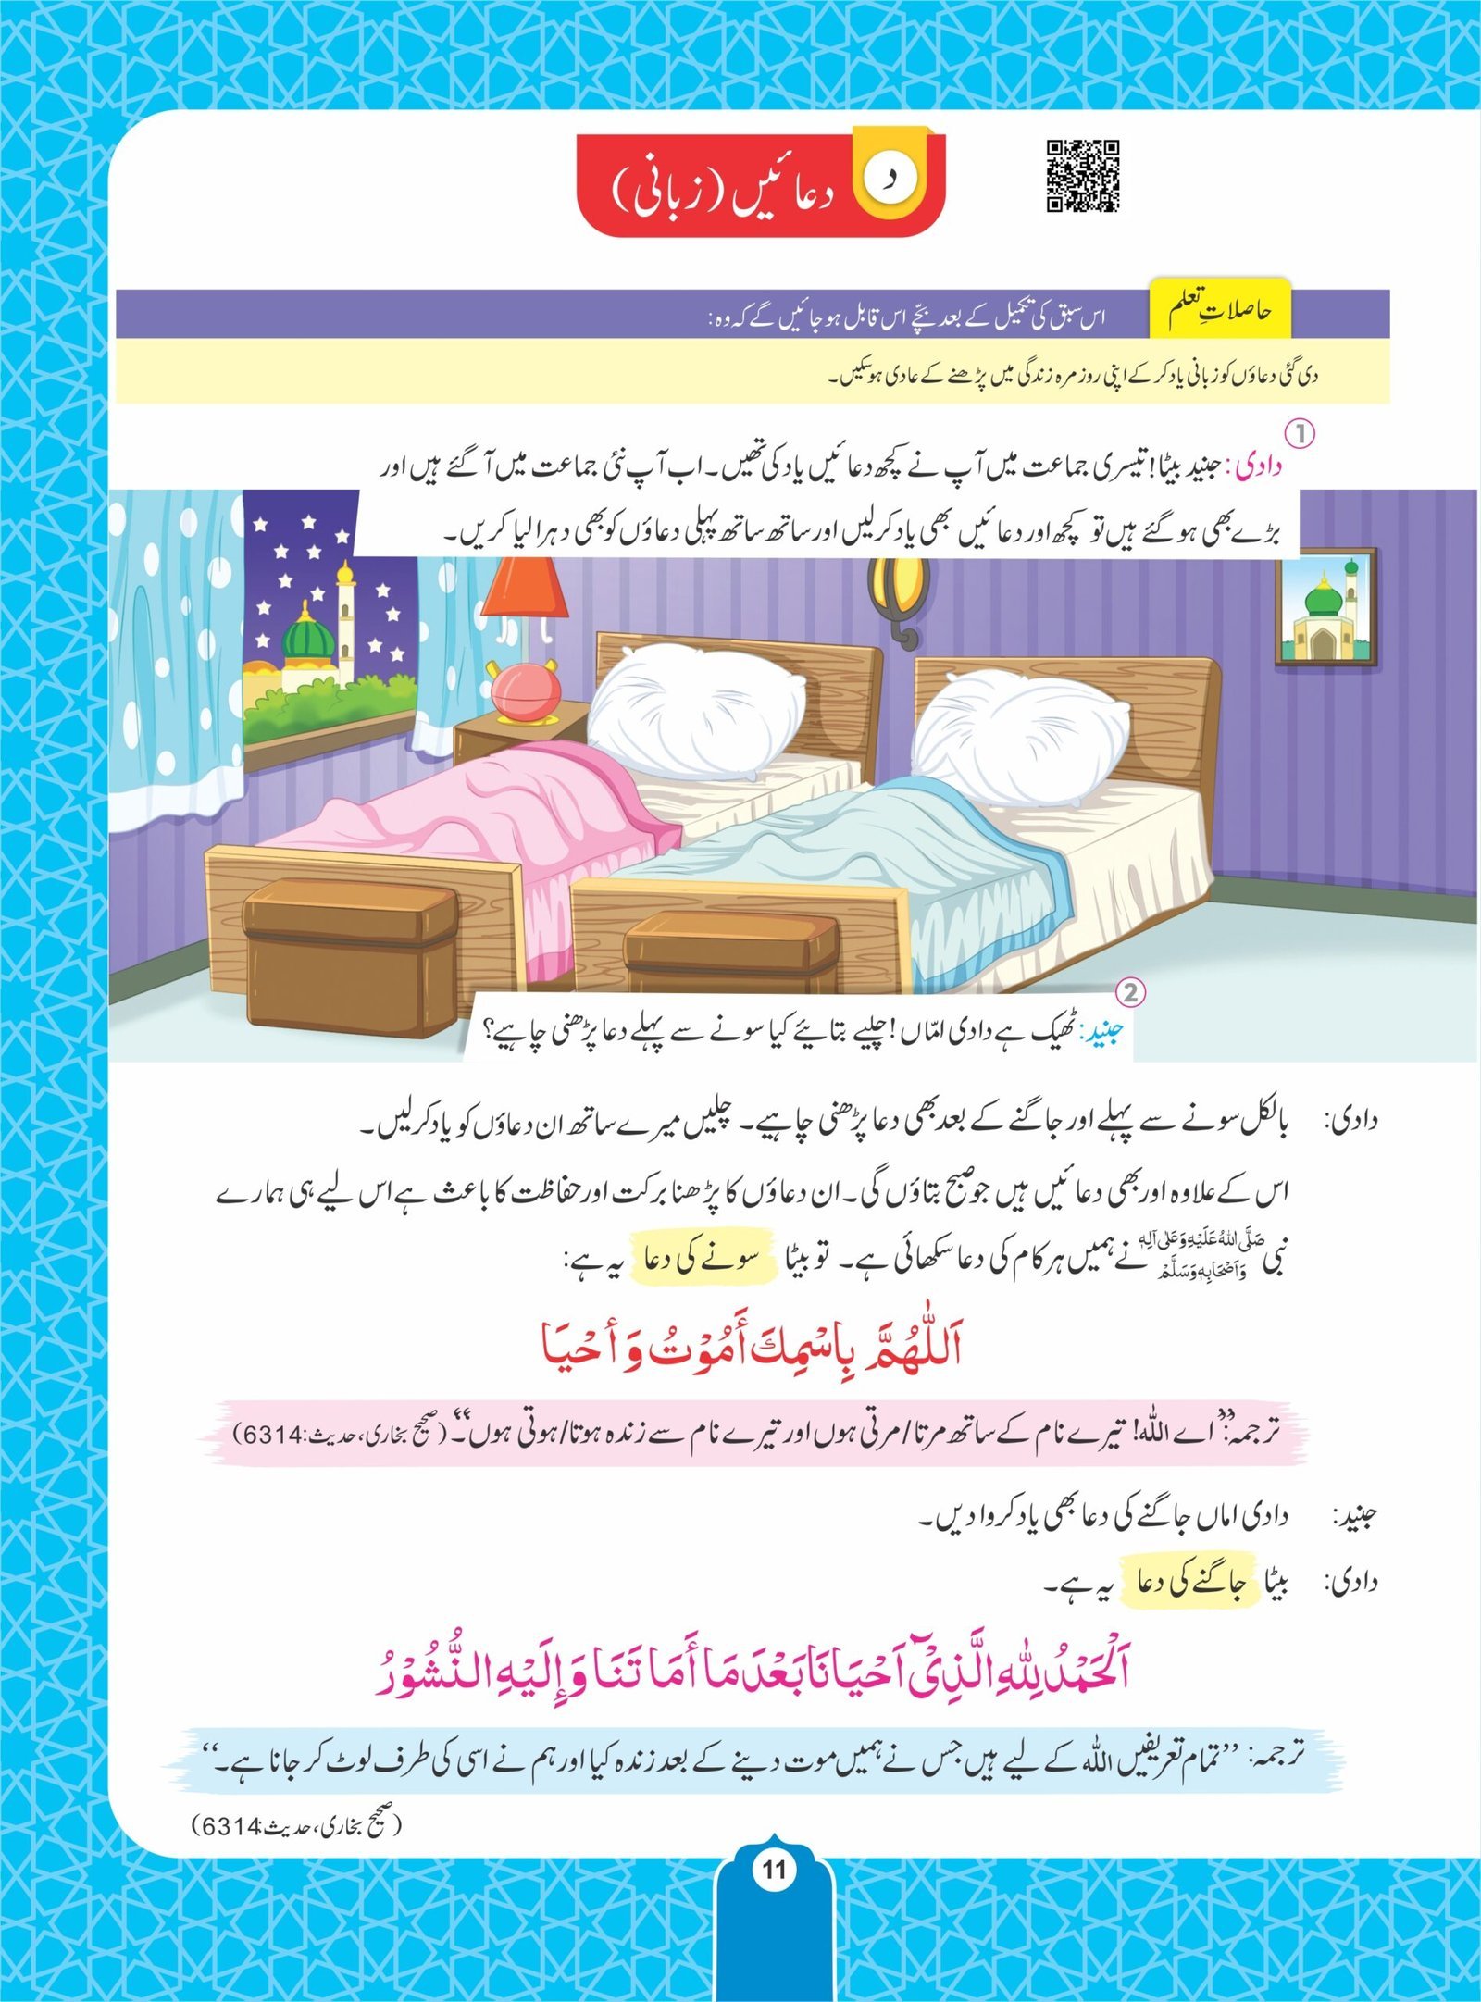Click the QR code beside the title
1083,176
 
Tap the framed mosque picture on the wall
1325,609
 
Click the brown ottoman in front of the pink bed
350,953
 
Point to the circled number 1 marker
1301,433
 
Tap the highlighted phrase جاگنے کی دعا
1189,1581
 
